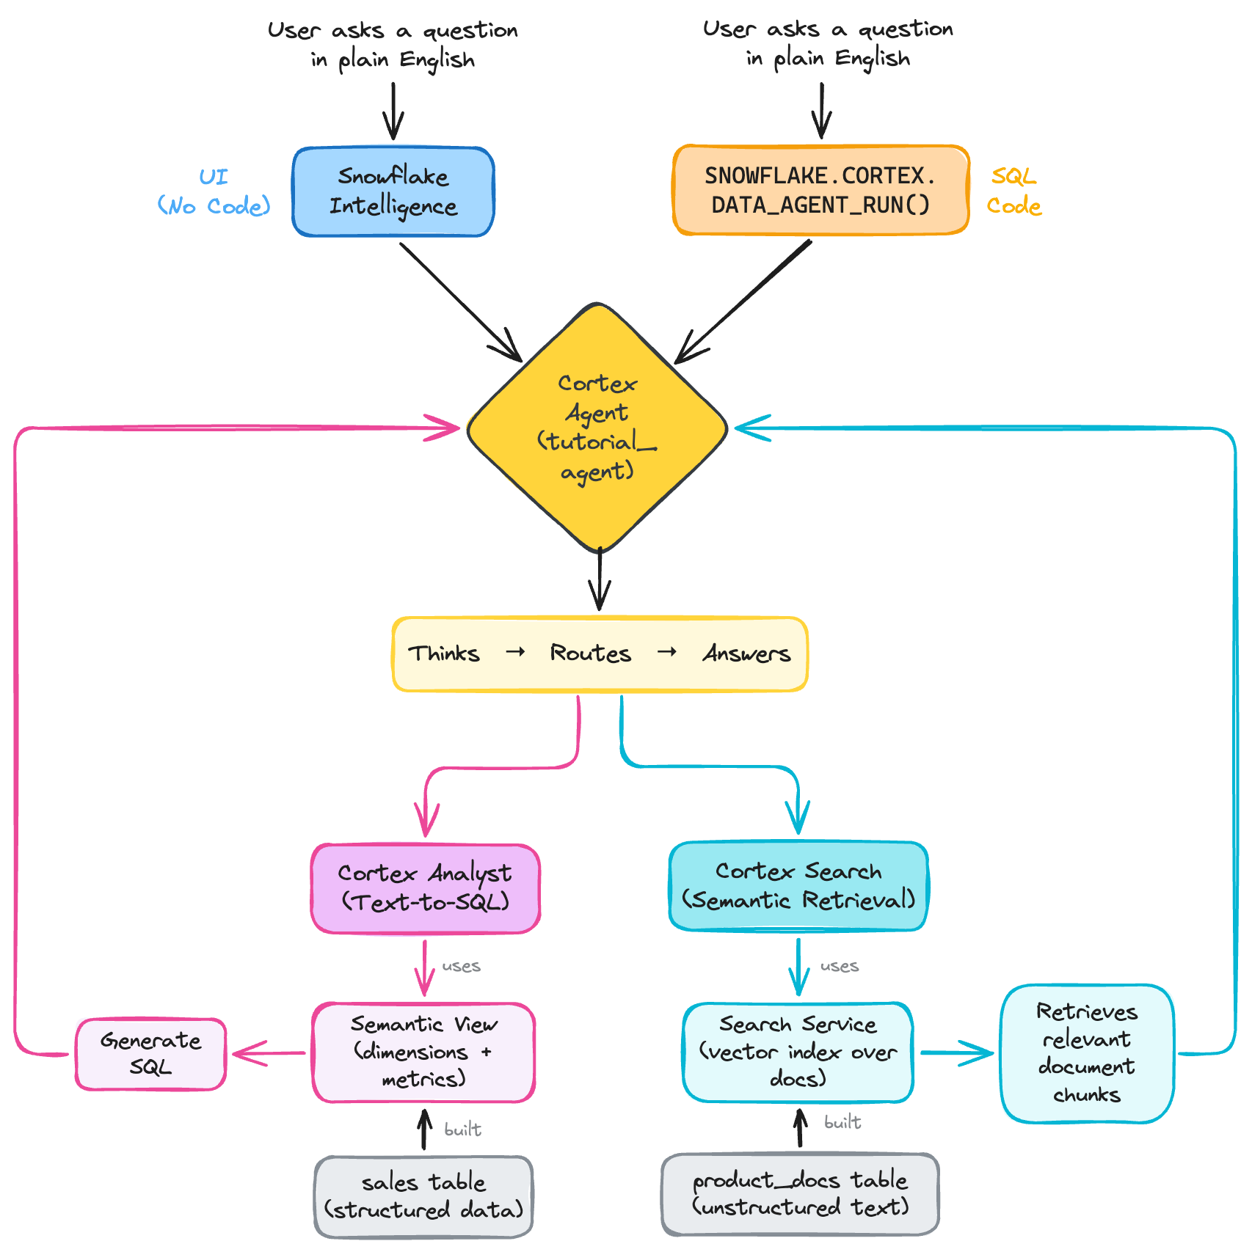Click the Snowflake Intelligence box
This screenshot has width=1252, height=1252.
pos(393,191)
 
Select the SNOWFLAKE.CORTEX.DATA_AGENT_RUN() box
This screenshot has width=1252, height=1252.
pos(820,191)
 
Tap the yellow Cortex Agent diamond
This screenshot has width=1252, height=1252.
pos(597,428)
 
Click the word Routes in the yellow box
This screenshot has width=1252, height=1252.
pos(591,653)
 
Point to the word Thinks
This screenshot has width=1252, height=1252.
pos(444,653)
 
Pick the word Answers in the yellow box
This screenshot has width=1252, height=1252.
pos(746,653)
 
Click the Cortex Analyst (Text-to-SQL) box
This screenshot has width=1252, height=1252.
pos(426,888)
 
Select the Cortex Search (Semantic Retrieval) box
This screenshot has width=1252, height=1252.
pos(798,886)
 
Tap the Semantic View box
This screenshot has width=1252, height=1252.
pos(424,1052)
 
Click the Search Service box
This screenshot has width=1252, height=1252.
pos(798,1052)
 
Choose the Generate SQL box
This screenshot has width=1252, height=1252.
pos(150,1053)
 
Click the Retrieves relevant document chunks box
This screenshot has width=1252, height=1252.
pos(1087,1053)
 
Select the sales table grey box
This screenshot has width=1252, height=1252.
pos(424,1196)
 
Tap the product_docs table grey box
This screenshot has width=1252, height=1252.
pos(800,1193)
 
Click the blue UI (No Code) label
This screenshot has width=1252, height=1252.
pos(214,191)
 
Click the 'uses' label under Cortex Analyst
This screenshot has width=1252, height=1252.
pos(462,967)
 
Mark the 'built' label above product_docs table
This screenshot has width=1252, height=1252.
pos(842,1122)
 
